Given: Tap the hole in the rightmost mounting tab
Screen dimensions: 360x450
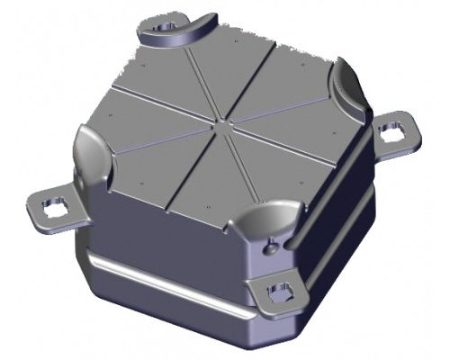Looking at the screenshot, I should point(391,131).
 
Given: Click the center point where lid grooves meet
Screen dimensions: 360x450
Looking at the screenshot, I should point(222,118).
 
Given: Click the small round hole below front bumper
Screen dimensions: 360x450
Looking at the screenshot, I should point(267,243).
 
